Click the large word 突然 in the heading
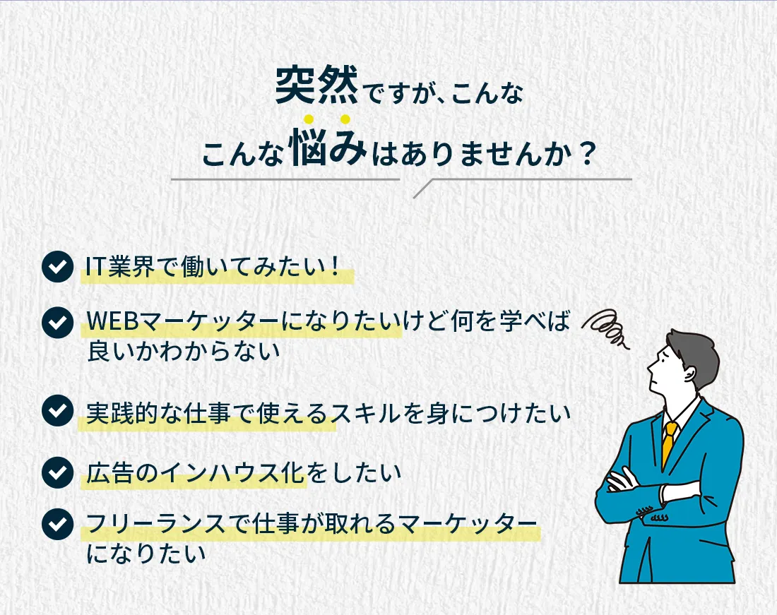[x=316, y=85]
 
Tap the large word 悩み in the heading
[x=328, y=147]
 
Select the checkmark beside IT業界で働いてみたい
[x=58, y=266]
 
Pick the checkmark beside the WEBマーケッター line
[x=58, y=323]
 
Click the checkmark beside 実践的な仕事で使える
[x=58, y=410]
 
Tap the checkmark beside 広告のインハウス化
[x=58, y=472]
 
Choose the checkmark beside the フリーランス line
[x=58, y=524]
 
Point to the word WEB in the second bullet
[x=112, y=321]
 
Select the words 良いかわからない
[x=184, y=352]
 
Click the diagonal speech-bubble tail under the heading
[x=423, y=189]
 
